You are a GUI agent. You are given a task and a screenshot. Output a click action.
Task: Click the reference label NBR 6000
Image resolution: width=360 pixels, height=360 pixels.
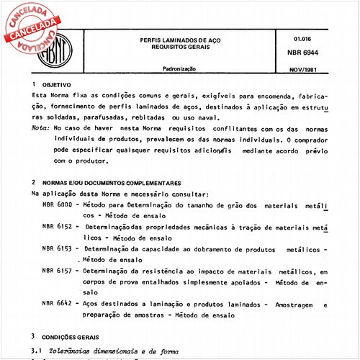click(x=57, y=205)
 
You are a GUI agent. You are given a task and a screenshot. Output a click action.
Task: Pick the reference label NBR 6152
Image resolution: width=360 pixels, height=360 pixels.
click(x=57, y=226)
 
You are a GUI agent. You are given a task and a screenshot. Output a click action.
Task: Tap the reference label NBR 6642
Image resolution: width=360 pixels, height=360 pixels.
click(x=57, y=305)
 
